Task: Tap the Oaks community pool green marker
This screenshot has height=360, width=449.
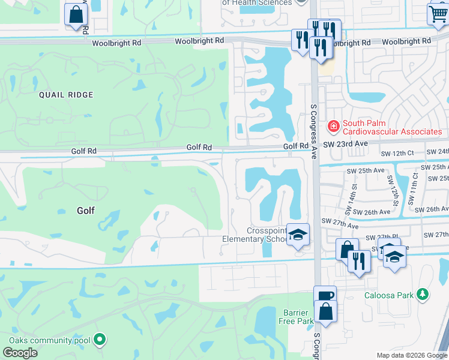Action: [100, 340]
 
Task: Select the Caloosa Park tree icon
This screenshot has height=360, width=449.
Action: [423, 294]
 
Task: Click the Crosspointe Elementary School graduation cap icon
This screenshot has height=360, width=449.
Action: [297, 235]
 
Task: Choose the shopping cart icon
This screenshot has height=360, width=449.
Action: [438, 13]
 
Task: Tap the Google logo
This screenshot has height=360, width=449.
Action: [20, 352]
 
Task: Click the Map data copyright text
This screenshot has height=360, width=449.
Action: [412, 355]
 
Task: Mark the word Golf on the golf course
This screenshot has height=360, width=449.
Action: [86, 211]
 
